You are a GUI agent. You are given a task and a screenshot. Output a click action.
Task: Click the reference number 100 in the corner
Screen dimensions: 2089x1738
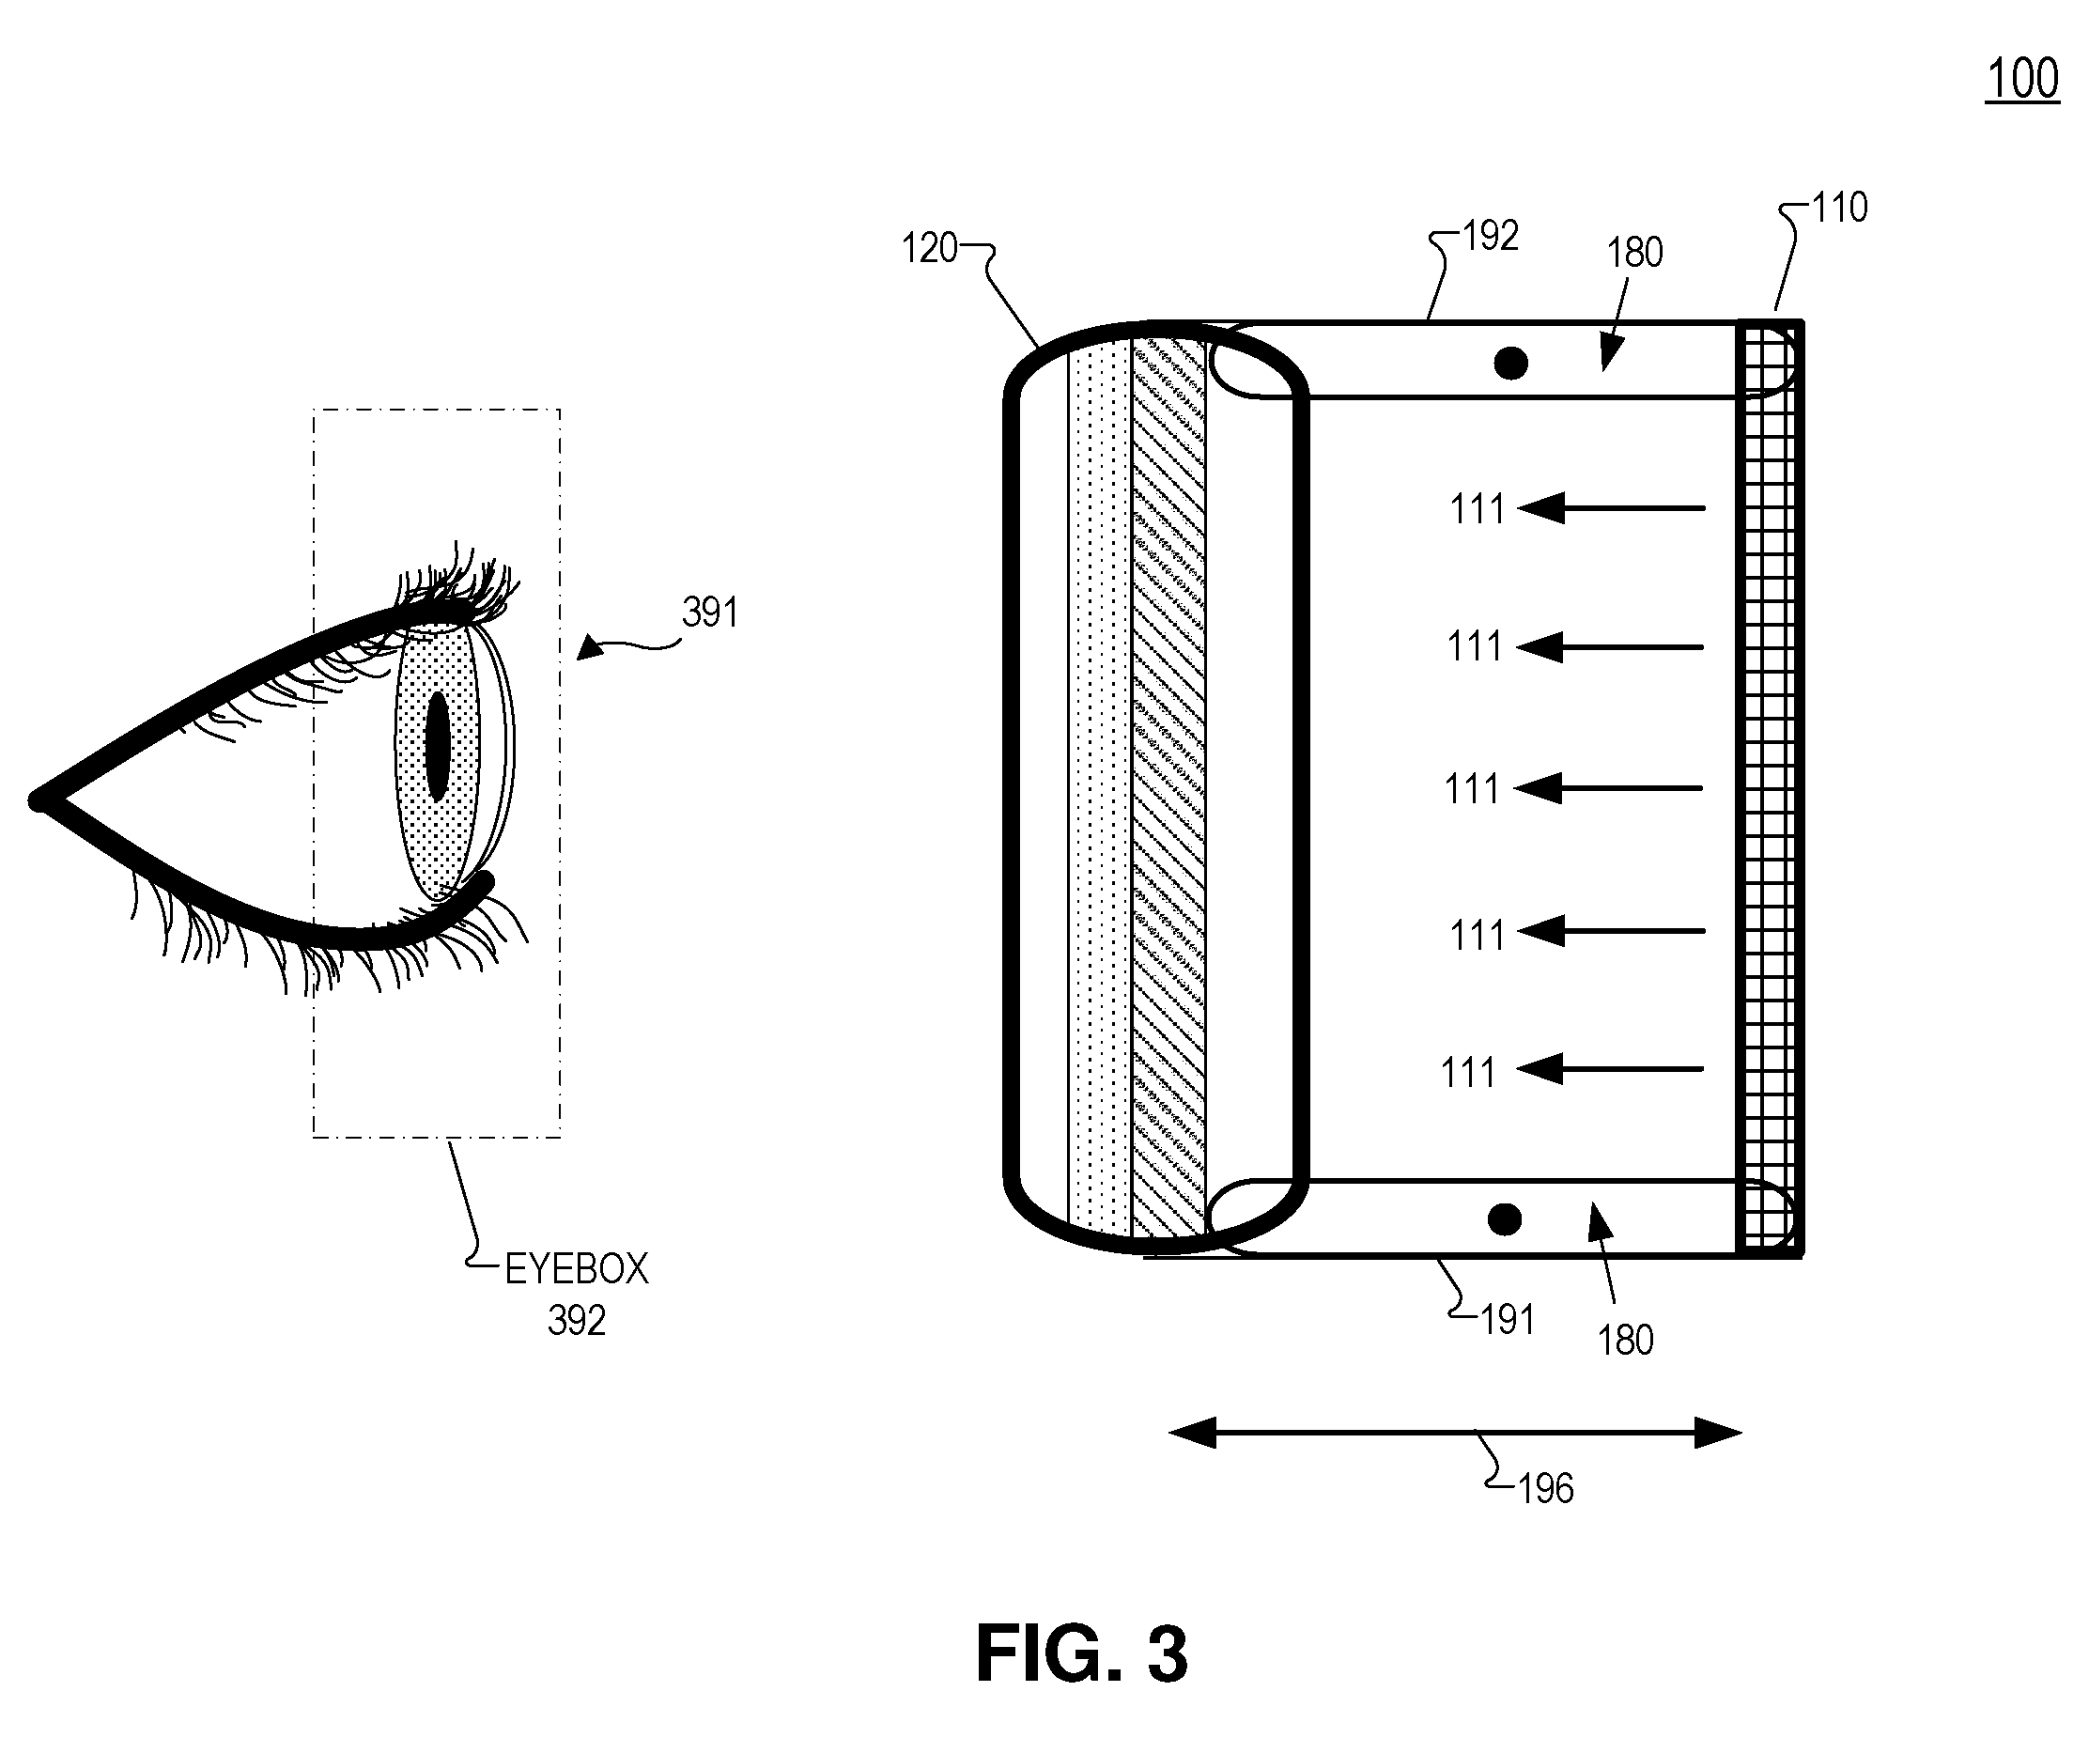[2022, 79]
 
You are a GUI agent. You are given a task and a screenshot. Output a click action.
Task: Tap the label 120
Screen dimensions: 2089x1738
[929, 248]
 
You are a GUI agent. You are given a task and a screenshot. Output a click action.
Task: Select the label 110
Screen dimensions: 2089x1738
[1839, 208]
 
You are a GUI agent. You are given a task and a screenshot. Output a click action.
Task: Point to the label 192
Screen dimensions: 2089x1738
[1490, 236]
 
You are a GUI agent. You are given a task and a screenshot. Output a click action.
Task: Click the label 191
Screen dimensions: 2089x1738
[1507, 1320]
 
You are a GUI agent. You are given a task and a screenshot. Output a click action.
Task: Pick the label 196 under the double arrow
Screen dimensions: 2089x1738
[1546, 1489]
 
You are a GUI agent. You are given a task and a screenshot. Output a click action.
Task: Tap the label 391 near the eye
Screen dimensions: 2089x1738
[710, 612]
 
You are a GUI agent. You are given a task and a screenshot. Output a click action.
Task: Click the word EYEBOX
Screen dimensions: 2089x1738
[577, 1269]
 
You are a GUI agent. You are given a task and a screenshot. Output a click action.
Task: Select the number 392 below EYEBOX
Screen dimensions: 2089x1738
[577, 1320]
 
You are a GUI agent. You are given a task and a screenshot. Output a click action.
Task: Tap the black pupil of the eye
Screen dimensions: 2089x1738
[437, 746]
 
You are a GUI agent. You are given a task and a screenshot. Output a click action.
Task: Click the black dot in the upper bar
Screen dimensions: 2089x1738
[1511, 365]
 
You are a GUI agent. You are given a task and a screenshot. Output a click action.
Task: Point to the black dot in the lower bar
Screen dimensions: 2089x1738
[1504, 1218]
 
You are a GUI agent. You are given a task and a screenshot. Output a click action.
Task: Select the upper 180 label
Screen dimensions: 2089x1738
[1635, 253]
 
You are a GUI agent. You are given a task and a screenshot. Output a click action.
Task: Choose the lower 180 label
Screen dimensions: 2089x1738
[1625, 1340]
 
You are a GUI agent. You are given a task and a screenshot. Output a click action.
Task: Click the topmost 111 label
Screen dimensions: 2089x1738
[1478, 509]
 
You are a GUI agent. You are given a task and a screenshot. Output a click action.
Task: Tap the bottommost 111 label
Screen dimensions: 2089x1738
[1468, 1073]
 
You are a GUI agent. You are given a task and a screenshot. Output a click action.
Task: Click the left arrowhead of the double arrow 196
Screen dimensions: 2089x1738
[1192, 1434]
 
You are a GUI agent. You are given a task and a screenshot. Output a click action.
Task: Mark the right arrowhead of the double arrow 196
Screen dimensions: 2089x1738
[1718, 1434]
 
